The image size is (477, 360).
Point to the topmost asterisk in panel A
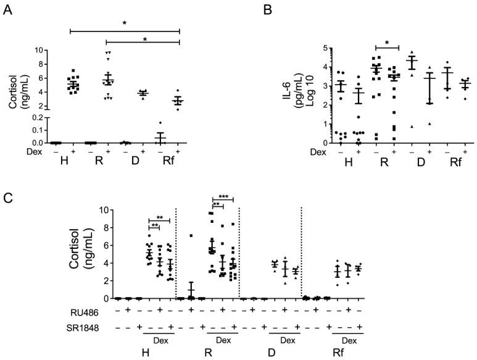125,23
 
